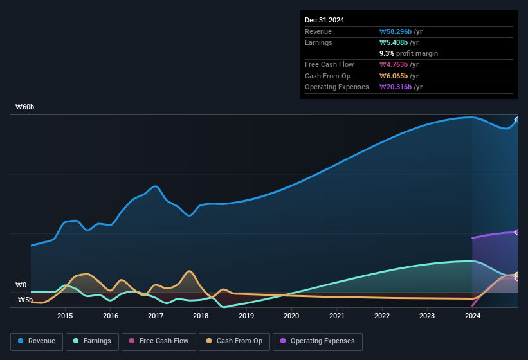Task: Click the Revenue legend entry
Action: (37, 341)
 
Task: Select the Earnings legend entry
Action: (93, 341)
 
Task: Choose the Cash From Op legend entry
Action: (234, 341)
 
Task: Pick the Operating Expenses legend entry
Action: (318, 341)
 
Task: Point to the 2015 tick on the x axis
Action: (64, 316)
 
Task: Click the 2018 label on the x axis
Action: (201, 316)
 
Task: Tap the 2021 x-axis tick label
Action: (336, 316)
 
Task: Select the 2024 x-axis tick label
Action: (473, 316)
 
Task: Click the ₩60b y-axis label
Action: (25, 107)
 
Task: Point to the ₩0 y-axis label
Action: (21, 285)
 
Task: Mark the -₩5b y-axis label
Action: (24, 300)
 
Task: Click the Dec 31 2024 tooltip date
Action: (324, 20)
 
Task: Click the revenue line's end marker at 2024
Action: (516, 120)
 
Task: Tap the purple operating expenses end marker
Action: (516, 232)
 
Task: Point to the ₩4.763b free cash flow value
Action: (399, 64)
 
